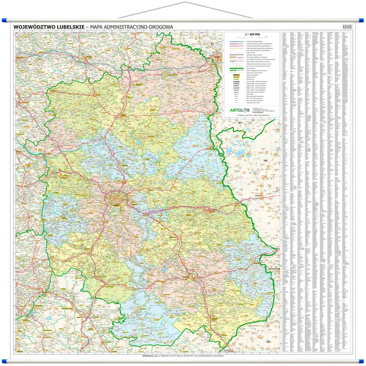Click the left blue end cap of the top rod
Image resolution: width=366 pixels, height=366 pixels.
click(x=4, y=21)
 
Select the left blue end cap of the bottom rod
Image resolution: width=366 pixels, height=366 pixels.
click(x=4, y=361)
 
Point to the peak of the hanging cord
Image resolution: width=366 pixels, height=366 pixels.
click(x=183, y=3)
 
